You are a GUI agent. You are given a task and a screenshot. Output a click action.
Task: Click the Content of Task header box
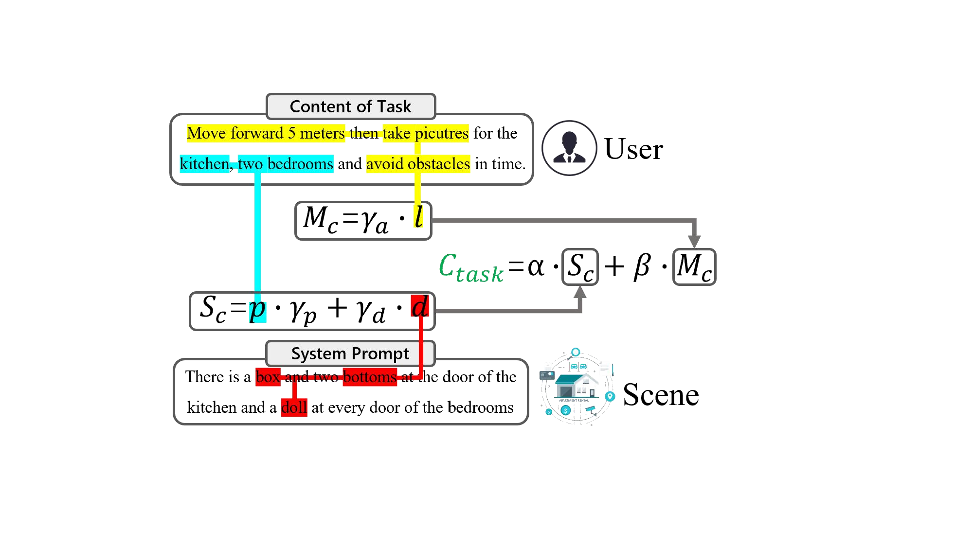coord(350,106)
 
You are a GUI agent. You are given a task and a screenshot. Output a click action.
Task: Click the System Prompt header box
coord(350,353)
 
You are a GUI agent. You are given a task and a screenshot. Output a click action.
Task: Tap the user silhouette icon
coord(569,148)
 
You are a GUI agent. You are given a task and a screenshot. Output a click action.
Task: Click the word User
coord(633,149)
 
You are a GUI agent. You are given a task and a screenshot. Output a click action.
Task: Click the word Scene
coord(661,394)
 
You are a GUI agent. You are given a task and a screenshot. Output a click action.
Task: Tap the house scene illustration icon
coord(577,388)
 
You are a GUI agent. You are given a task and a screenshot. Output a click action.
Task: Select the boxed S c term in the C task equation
coord(580,267)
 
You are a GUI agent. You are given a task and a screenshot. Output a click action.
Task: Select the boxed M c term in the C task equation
coord(694,267)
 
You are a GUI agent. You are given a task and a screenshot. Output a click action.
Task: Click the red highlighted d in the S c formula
coord(420,307)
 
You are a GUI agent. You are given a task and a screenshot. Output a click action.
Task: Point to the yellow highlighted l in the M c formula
coord(418,216)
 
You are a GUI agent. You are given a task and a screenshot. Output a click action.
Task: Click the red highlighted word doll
coord(294,407)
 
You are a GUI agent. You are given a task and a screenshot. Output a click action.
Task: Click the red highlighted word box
coord(268,377)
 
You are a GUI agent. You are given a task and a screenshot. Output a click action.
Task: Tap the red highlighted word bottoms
coord(370,377)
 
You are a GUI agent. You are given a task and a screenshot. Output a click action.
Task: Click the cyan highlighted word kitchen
coord(204,164)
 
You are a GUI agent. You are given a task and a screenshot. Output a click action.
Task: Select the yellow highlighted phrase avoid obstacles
coord(418,164)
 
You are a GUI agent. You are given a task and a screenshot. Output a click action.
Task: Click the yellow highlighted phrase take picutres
coord(425,133)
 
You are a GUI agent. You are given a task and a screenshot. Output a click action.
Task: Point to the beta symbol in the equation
coord(642,267)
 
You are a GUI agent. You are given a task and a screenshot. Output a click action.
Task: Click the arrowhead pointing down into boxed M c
coord(694,241)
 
